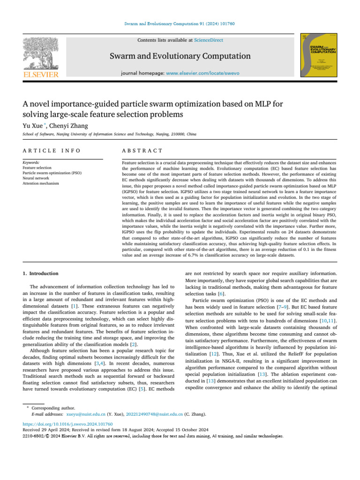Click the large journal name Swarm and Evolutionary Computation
click(x=180, y=56)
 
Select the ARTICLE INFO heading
click(x=52, y=150)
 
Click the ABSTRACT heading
click(x=142, y=150)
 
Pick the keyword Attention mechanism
click(x=41, y=183)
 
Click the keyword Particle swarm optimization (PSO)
click(x=52, y=172)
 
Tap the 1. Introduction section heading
click(x=41, y=273)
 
